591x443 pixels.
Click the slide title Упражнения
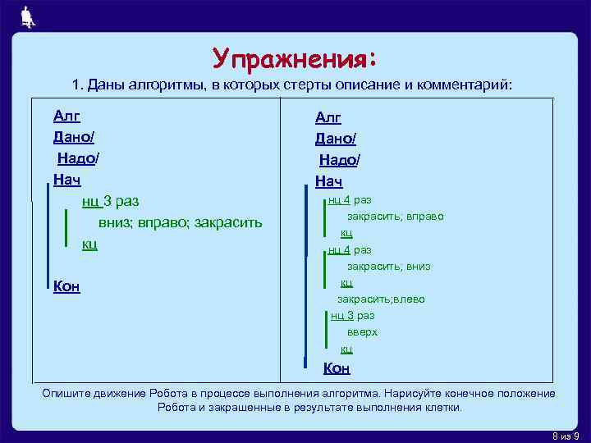pos(295,58)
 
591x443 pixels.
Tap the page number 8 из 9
pos(564,435)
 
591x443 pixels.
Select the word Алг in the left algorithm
pos(66,116)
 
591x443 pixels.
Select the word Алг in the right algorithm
pos(328,118)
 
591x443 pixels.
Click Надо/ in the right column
pos(339,161)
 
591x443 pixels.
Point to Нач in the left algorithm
pos(67,178)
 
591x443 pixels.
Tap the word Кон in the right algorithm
pos(337,368)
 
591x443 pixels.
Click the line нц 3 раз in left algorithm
pos(110,201)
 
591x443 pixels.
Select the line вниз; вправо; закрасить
pos(180,222)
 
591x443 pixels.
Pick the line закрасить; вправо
pos(395,217)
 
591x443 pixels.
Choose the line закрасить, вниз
pos(388,267)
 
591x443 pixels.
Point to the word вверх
pos(362,332)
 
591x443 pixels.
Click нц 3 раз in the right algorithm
pos(352,315)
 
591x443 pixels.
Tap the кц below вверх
pos(346,349)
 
